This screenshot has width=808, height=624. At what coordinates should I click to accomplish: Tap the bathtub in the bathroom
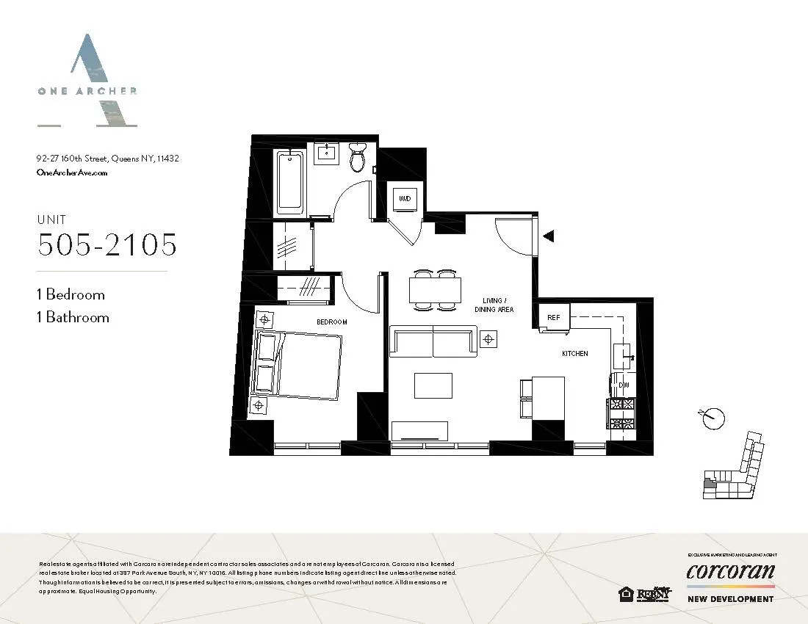click(x=290, y=181)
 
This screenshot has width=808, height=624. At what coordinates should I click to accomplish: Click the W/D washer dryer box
click(x=404, y=198)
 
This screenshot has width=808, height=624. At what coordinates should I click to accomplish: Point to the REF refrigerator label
click(x=554, y=318)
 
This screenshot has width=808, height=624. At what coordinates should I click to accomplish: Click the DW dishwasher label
click(x=624, y=385)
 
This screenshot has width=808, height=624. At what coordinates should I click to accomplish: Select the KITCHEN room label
click(x=574, y=354)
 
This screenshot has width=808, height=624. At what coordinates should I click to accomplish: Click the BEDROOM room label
click(x=331, y=322)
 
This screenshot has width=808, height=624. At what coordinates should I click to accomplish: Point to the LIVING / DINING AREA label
click(x=494, y=305)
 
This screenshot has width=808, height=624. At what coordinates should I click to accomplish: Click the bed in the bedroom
click(x=297, y=364)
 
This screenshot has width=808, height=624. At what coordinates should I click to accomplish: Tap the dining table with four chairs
click(x=435, y=290)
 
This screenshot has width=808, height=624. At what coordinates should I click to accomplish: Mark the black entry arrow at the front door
click(x=548, y=236)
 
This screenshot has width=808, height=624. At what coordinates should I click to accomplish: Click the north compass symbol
click(x=712, y=418)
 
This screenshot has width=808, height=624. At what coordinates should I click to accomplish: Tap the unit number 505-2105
click(x=107, y=245)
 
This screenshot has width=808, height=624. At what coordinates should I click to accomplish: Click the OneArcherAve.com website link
click(x=72, y=173)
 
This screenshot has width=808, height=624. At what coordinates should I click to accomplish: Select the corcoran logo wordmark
click(x=730, y=571)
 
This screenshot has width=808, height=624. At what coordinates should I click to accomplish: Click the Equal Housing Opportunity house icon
click(x=626, y=594)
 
